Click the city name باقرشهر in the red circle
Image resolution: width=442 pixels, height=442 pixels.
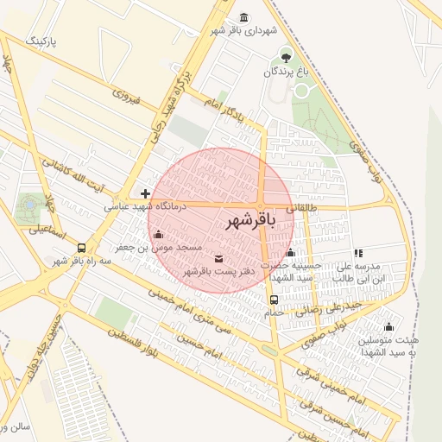click(x=250, y=220)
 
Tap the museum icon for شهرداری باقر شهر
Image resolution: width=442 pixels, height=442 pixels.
click(x=244, y=18)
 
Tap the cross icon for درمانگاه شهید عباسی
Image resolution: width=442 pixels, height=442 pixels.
click(x=145, y=193)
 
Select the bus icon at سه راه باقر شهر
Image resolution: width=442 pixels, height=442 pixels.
click(x=80, y=247)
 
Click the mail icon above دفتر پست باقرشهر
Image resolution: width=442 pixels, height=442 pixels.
click(x=218, y=258)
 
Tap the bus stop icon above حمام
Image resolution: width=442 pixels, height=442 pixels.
click(x=274, y=300)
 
